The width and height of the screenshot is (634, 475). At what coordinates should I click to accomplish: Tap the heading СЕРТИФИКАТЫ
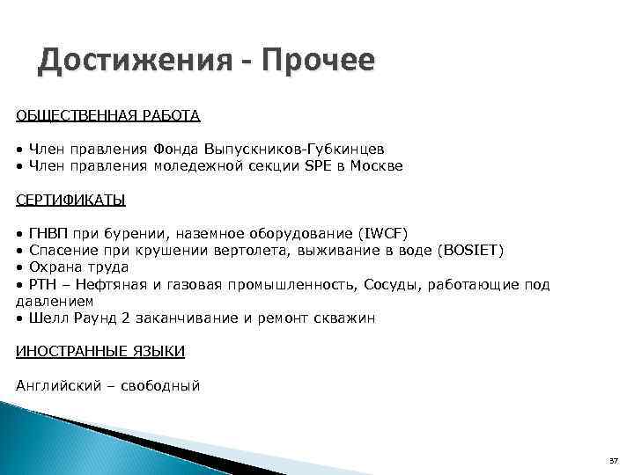70,200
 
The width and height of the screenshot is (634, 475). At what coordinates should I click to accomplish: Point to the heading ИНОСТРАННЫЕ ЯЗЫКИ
100,351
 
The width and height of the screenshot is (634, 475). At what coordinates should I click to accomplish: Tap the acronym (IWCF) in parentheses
383,233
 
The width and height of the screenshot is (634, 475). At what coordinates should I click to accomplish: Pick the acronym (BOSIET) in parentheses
470,250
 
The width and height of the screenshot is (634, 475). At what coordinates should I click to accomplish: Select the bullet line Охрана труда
78,267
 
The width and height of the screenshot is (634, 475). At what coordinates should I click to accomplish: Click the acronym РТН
42,284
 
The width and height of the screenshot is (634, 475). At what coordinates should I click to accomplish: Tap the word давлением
55,301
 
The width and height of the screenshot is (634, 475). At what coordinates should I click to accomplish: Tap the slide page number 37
614,461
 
